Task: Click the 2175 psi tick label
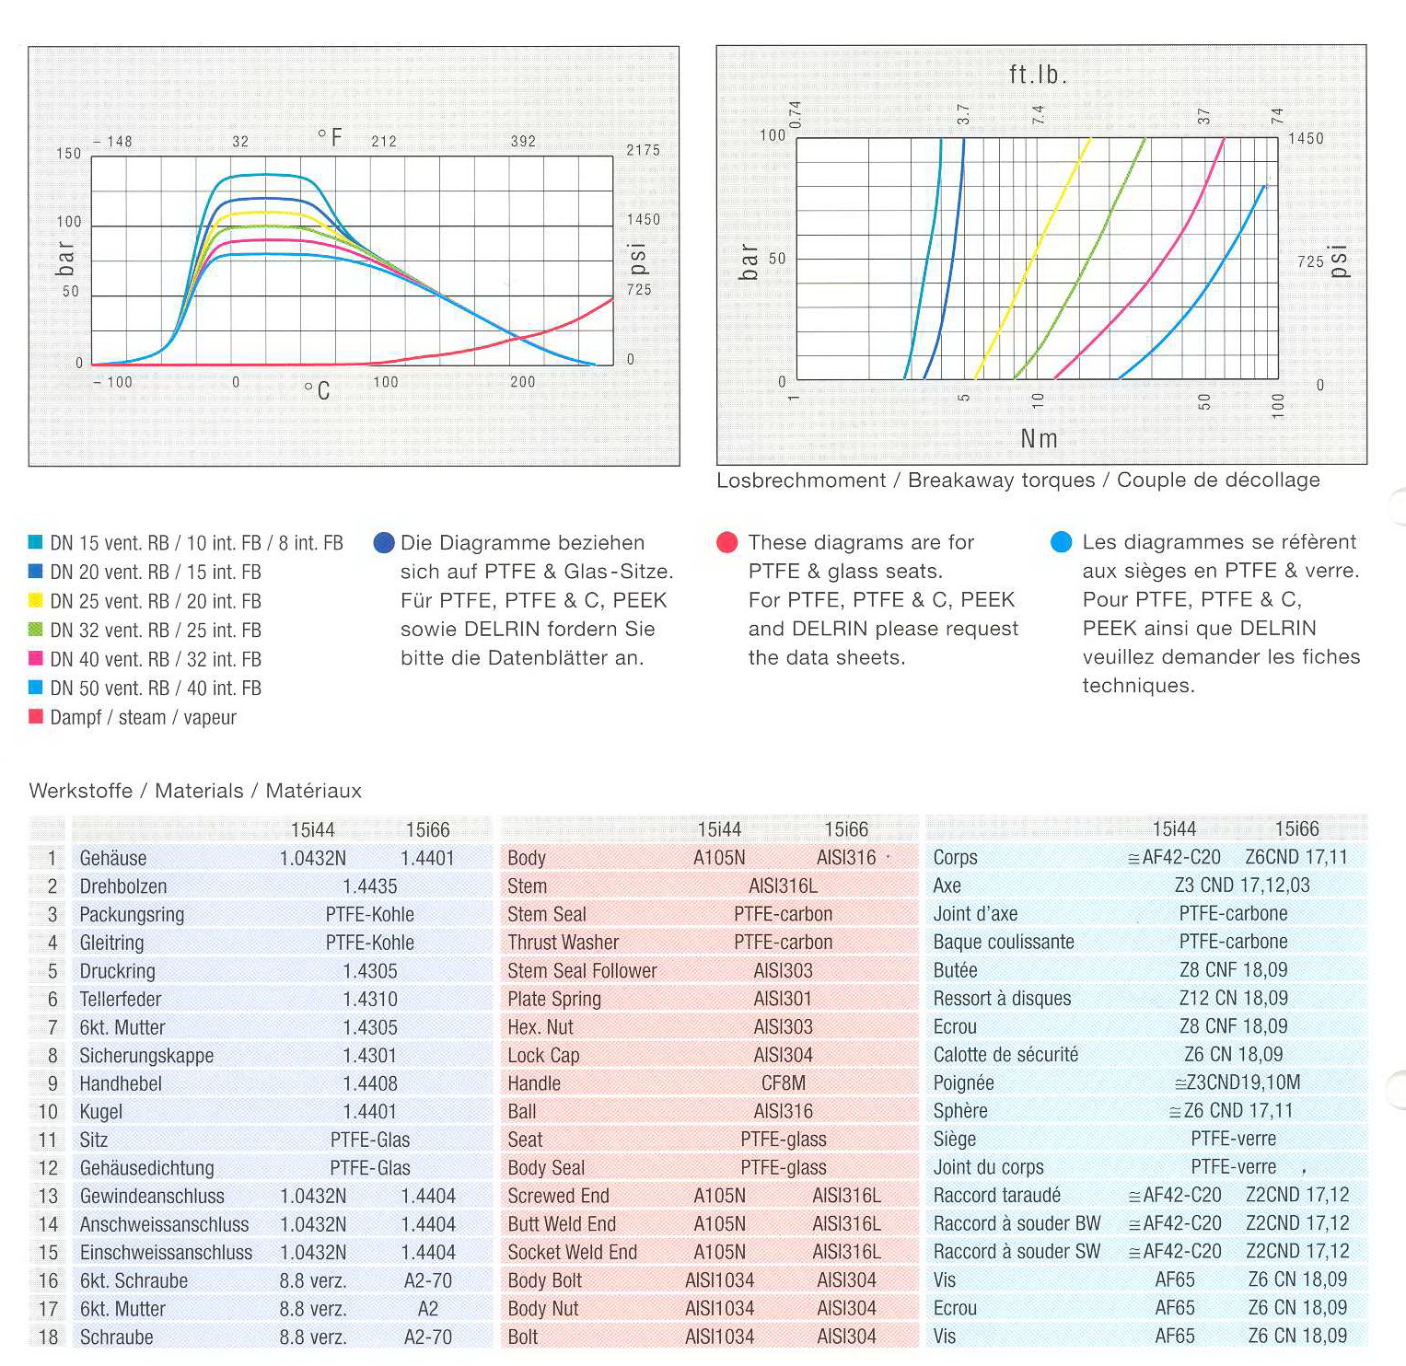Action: pos(643,150)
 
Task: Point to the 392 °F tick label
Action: pos(523,141)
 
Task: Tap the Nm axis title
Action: pos(1039,439)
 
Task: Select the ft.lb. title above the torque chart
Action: pos(1038,75)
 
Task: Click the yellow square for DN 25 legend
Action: pos(36,601)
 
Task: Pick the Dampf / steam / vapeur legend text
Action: pos(143,717)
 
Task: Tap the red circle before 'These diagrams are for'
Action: pos(727,542)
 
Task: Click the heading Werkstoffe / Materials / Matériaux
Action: pos(195,791)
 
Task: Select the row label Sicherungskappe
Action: pos(146,1056)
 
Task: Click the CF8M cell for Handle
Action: pos(784,1083)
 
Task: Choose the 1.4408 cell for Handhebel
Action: pos(370,1083)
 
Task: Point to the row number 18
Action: pos(48,1337)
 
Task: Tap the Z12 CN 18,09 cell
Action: pos(1233,998)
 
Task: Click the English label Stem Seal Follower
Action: pos(582,971)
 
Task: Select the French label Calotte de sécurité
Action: pos(1005,1055)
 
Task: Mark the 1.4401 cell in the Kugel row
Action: pos(370,1112)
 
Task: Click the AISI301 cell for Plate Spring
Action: pos(784,999)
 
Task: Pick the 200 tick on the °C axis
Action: pos(522,382)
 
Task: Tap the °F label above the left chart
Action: pos(330,138)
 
